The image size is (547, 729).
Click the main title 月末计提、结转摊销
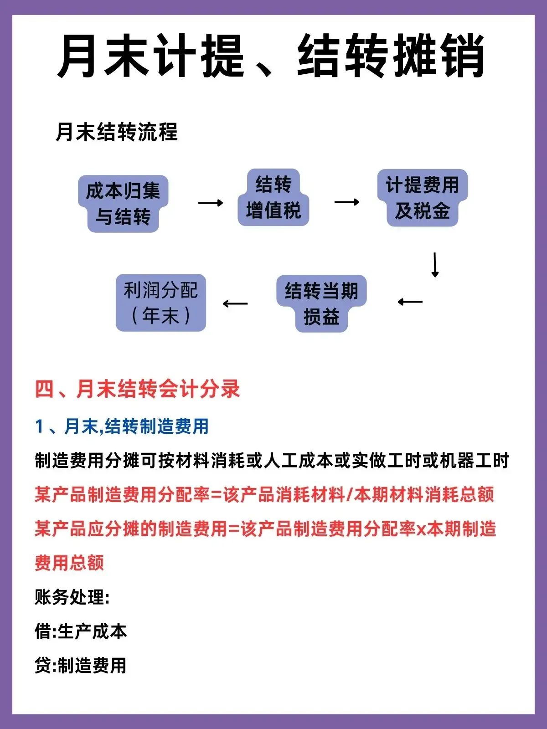point(271,56)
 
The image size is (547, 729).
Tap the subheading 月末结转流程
point(117,132)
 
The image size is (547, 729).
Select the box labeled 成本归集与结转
point(123,204)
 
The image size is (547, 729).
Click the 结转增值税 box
point(273,198)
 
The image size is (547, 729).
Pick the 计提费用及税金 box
point(422,198)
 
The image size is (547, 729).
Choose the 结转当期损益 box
point(321,303)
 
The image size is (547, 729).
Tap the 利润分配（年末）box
point(161,303)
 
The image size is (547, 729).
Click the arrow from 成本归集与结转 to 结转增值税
point(211,203)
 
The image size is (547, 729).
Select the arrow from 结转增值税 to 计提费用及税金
point(347,202)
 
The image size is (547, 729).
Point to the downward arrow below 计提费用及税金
point(435,265)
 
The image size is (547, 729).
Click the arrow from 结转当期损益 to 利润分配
point(235,303)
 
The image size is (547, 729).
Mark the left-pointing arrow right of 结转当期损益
point(410,302)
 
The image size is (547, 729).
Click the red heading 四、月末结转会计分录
point(138,389)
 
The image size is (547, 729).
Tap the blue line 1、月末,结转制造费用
point(122,426)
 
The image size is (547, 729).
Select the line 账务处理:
point(72,597)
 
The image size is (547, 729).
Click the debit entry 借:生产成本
point(81,631)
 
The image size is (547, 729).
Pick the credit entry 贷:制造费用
point(81,666)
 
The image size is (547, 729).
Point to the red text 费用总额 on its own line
point(69,563)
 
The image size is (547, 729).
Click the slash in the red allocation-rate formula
point(350,495)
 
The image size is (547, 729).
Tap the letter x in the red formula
point(421,529)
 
